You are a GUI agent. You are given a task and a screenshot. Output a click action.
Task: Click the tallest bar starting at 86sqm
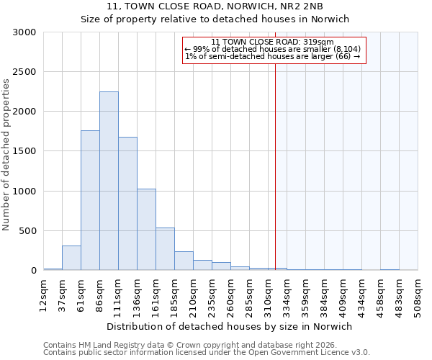click(x=109, y=181)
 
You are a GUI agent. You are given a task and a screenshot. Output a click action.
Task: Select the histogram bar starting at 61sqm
click(x=90, y=200)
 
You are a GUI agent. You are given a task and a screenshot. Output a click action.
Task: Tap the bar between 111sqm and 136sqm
click(x=127, y=203)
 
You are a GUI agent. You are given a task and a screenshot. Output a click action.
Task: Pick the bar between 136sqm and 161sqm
click(x=146, y=229)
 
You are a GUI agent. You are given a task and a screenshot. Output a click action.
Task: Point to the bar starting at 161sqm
click(x=165, y=248)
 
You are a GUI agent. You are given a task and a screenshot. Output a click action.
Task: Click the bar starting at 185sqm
click(x=184, y=261)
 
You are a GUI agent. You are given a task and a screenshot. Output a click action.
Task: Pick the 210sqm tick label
click(x=194, y=294)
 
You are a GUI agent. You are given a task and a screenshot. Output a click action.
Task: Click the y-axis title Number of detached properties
click(x=6, y=155)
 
